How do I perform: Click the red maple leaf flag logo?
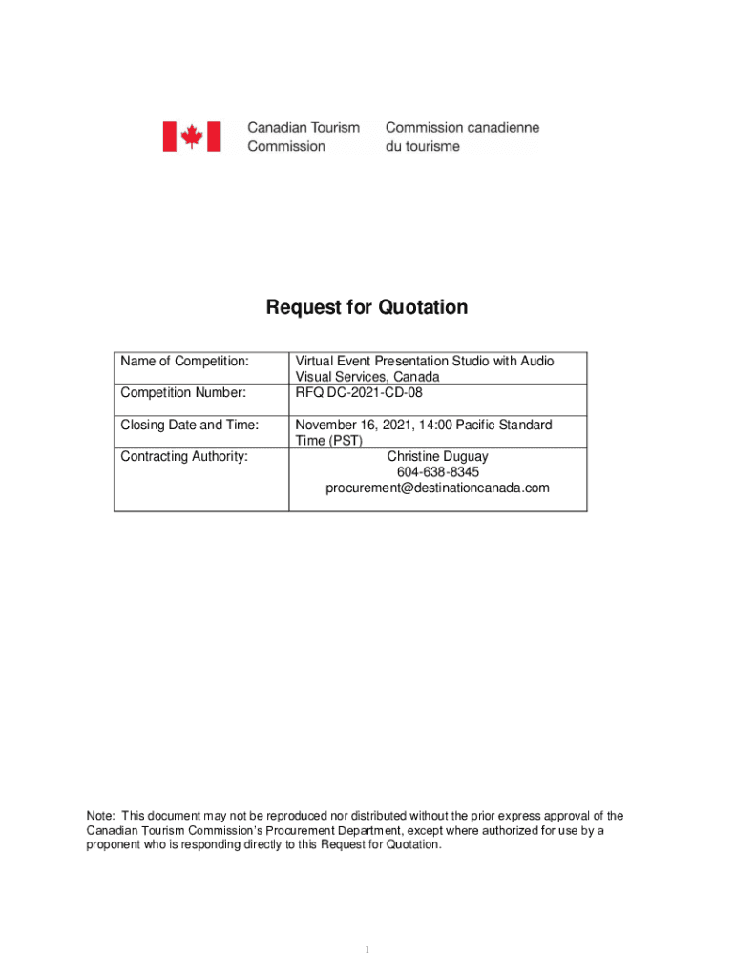pyautogui.click(x=191, y=136)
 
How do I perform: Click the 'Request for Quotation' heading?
pyautogui.click(x=367, y=307)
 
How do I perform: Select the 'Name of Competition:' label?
pyautogui.click(x=184, y=362)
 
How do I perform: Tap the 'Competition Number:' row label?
pyautogui.click(x=183, y=392)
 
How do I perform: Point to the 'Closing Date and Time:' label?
pyautogui.click(x=190, y=425)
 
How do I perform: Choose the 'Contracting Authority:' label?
pyautogui.click(x=184, y=456)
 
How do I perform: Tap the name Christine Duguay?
pyautogui.click(x=437, y=456)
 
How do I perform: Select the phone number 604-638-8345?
pyautogui.click(x=437, y=472)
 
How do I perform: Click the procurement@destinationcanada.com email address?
pyautogui.click(x=437, y=488)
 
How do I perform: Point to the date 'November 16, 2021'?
pyautogui.click(x=348, y=425)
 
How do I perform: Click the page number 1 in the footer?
pyautogui.click(x=367, y=950)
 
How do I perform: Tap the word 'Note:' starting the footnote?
pyautogui.click(x=101, y=816)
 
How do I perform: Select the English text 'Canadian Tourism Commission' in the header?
pyautogui.click(x=304, y=136)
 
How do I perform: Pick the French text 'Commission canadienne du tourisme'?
pyautogui.click(x=462, y=136)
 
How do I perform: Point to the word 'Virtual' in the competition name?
pyautogui.click(x=316, y=362)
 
